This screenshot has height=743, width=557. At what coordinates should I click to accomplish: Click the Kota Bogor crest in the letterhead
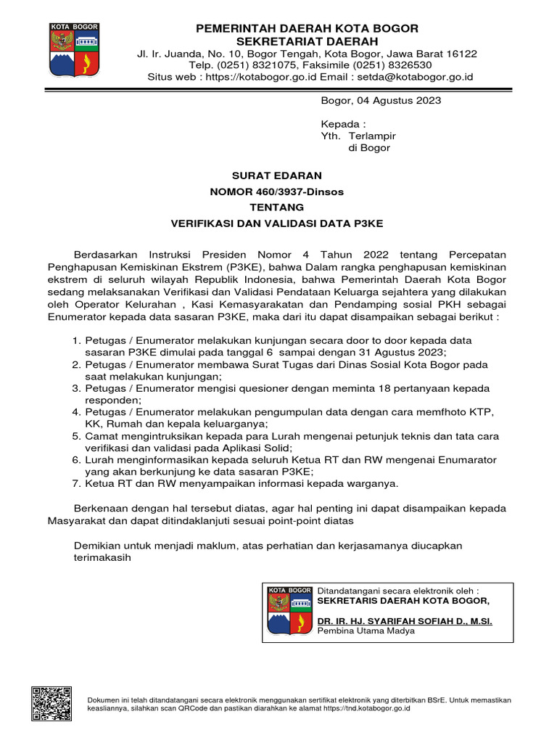(75, 50)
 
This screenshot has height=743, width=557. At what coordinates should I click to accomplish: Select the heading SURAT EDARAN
(276, 176)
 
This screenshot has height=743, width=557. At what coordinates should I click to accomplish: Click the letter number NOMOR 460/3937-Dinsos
(276, 192)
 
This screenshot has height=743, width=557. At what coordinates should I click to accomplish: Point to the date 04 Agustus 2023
(400, 101)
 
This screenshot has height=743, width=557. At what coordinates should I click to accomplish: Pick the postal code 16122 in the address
(461, 54)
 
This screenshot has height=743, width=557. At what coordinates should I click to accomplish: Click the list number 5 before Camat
(76, 436)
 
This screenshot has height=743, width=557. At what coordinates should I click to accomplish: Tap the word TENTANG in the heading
(276, 208)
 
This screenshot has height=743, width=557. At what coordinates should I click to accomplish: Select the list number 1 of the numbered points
(76, 340)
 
